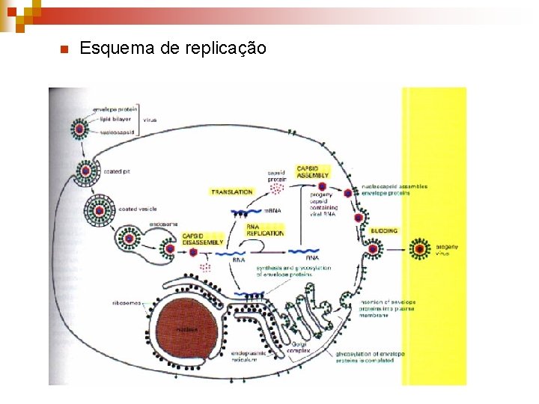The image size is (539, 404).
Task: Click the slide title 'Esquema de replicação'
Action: click(172, 49)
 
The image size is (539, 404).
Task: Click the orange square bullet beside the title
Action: click(64, 49)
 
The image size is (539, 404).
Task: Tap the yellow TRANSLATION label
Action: click(231, 192)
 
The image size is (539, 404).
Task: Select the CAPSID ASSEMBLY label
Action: click(312, 171)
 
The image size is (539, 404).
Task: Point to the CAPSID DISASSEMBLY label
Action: click(203, 239)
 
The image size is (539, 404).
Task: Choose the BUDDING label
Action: click(384, 231)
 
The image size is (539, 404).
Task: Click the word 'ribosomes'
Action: click(123, 303)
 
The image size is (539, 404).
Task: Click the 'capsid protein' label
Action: click(276, 176)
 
